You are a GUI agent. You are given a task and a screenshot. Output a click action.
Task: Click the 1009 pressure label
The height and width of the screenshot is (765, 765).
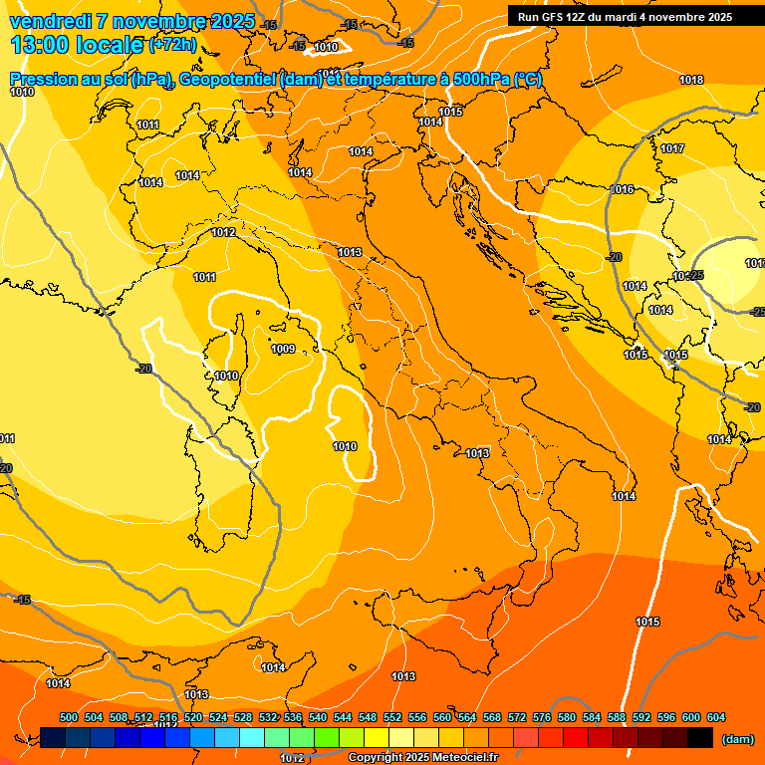(x=283, y=349)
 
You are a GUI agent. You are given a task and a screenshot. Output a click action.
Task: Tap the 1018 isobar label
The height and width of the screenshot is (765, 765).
(x=691, y=80)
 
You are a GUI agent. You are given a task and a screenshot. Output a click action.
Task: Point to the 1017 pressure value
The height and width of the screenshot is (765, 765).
(x=672, y=148)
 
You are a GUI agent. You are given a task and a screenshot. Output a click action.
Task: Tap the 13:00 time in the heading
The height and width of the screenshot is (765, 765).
(x=40, y=45)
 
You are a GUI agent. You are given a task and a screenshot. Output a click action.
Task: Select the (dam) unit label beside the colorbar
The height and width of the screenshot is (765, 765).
(x=737, y=738)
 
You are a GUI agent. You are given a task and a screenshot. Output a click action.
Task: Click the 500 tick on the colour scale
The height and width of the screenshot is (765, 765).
(x=69, y=717)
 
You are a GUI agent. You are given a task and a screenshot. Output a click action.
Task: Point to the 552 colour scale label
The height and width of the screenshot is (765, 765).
(x=391, y=717)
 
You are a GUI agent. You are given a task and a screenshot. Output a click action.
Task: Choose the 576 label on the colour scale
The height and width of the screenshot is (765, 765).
(x=542, y=717)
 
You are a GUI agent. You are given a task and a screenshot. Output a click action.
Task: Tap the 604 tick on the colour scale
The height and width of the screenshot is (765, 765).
(x=715, y=717)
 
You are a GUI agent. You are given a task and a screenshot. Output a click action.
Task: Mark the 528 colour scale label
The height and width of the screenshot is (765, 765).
(x=243, y=717)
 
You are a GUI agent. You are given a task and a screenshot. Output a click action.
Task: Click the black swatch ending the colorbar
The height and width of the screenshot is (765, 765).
(x=699, y=737)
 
